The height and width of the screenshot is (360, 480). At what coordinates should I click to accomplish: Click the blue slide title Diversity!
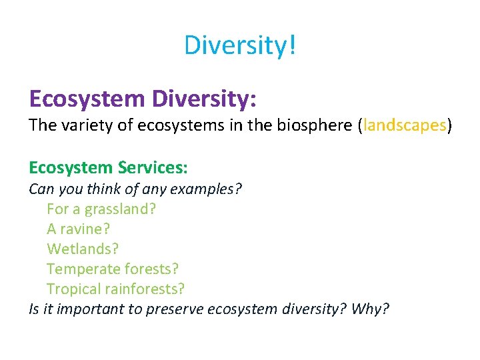tap(240, 45)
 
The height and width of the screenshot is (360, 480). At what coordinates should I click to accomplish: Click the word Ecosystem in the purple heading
tap(87, 99)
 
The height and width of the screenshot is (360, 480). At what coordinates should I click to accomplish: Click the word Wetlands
tap(82, 249)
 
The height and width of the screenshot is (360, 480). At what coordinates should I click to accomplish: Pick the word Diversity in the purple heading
tap(204, 99)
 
